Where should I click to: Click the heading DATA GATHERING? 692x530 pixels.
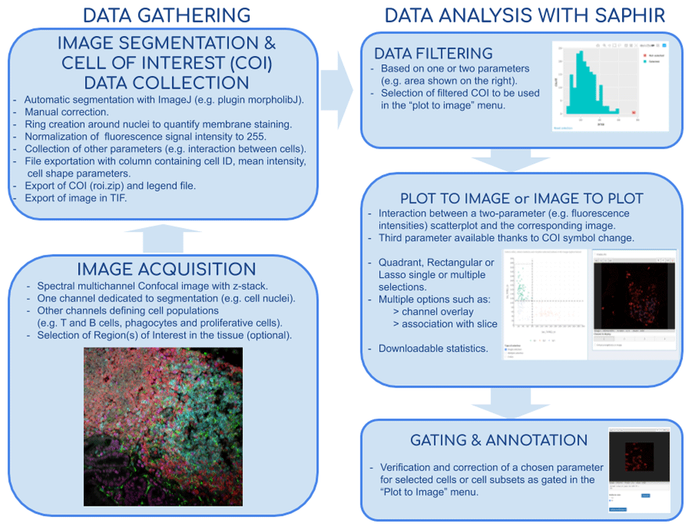coord(166,15)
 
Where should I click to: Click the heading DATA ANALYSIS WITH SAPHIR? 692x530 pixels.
coord(525,15)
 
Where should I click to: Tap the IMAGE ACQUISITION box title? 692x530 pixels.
coord(167,268)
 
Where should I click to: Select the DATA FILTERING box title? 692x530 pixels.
coord(433,54)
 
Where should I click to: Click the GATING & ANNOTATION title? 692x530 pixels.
coord(499,440)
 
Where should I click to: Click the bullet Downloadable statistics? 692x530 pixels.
coord(432,348)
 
